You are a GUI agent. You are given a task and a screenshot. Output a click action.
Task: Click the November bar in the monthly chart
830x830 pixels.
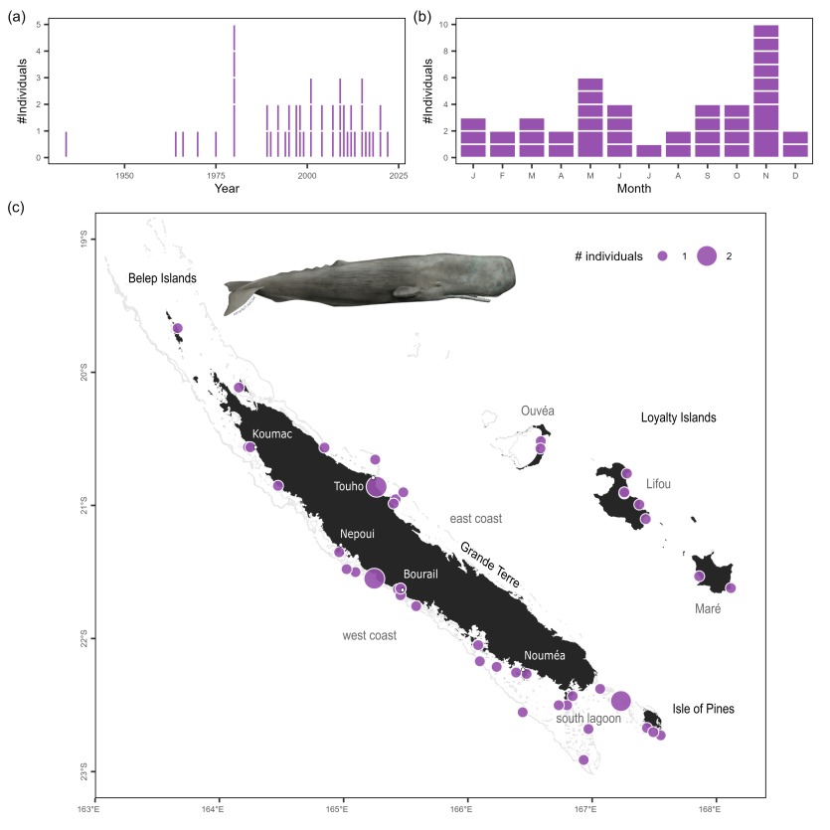click(765, 90)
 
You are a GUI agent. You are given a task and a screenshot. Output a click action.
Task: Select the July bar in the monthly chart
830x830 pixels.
click(676, 150)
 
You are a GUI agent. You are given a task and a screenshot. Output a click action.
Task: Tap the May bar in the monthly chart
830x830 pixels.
click(590, 117)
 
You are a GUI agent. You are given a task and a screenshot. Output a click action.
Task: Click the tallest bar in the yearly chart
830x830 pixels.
click(234, 90)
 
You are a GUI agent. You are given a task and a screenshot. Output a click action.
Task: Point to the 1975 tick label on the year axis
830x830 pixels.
click(216, 175)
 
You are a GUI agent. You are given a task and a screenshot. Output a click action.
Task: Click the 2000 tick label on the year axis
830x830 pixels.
click(306, 175)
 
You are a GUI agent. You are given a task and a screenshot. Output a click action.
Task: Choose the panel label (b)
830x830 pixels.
click(421, 17)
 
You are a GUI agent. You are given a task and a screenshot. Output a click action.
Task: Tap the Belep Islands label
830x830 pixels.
click(162, 278)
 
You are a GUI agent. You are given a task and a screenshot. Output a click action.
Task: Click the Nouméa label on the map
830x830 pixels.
click(545, 655)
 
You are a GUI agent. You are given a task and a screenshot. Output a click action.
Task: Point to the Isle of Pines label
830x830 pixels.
click(703, 709)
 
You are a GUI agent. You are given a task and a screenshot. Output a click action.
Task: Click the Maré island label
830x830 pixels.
click(708, 608)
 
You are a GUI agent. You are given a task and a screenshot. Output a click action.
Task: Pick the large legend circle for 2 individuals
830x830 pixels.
click(707, 256)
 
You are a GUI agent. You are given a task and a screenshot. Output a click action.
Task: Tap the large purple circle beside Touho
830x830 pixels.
click(376, 487)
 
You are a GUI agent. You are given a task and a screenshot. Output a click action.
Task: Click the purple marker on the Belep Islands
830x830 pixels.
click(178, 328)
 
